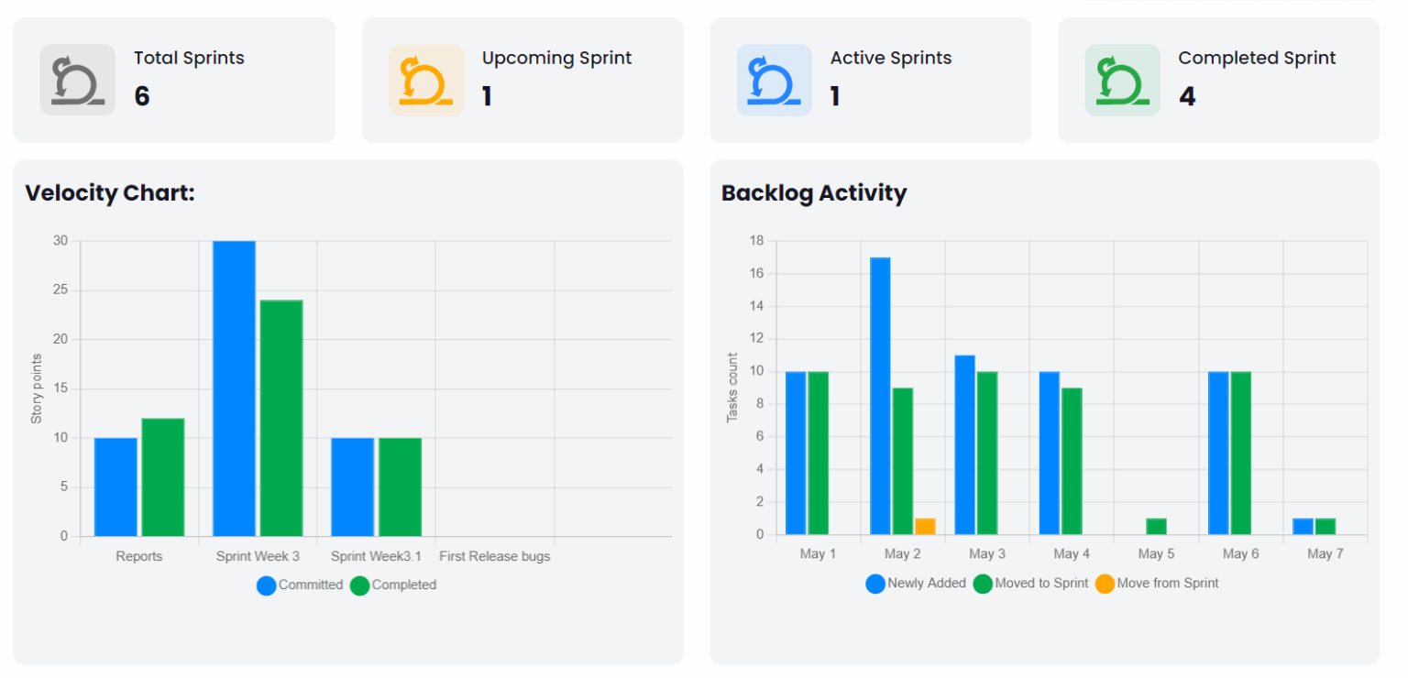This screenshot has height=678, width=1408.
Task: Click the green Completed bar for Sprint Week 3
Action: click(281, 418)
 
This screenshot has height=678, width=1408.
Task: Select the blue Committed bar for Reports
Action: click(115, 487)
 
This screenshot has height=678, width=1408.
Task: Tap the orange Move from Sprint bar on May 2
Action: click(925, 527)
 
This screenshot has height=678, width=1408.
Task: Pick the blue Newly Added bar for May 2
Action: click(880, 396)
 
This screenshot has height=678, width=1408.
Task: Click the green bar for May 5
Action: click(1156, 527)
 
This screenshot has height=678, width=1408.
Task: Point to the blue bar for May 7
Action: click(1303, 527)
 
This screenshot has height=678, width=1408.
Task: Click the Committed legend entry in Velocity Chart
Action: click(300, 585)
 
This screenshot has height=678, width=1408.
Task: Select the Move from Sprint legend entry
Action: click(1157, 583)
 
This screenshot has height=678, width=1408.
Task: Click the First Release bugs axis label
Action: click(495, 556)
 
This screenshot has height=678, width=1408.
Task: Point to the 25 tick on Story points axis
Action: click(60, 290)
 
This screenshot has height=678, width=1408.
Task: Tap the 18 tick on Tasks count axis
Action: click(757, 241)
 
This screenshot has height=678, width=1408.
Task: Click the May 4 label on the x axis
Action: click(1066, 554)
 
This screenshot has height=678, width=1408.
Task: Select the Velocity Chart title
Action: click(110, 193)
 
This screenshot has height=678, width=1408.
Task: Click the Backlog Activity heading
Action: click(814, 193)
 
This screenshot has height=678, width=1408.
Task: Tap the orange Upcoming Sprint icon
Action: click(426, 81)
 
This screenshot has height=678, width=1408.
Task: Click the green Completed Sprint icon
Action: click(1122, 81)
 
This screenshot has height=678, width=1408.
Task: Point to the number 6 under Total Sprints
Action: click(142, 96)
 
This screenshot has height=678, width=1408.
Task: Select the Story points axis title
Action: click(37, 388)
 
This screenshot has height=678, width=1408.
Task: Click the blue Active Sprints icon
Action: click(775, 81)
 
